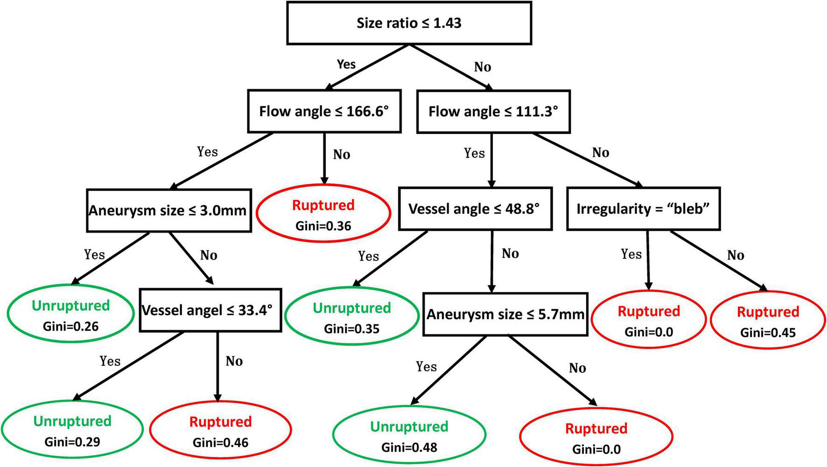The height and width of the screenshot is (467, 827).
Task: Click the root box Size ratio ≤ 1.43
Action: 409,23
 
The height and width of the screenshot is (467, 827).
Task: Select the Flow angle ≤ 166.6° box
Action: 324,112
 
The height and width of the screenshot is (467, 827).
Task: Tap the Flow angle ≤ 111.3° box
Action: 493,112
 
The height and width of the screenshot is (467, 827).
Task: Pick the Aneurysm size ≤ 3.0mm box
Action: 168,211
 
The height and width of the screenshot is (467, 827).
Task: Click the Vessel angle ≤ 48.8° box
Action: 475,209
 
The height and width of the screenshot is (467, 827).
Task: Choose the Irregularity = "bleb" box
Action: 643,209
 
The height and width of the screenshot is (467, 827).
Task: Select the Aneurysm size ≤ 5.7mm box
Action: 505,314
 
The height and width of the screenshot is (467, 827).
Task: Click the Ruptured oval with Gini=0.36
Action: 323,214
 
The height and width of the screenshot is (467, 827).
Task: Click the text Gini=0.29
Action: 72,442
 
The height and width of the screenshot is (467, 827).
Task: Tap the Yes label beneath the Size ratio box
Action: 346,64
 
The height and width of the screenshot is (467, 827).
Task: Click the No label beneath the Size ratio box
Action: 483,67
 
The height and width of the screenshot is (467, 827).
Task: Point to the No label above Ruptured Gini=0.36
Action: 342,155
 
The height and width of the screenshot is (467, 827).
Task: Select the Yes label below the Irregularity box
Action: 631,255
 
